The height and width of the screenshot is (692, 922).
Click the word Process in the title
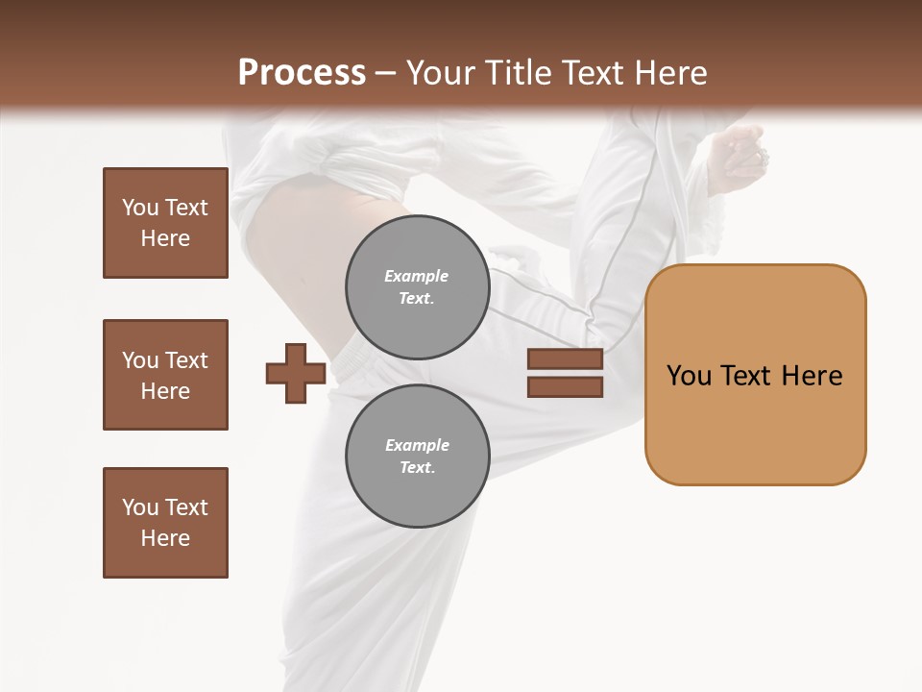(302, 73)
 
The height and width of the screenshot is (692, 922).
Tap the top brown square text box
(165, 223)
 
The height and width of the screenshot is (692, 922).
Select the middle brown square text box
(165, 375)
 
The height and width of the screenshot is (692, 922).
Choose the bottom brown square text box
(165, 523)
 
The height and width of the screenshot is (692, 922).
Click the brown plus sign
(296, 373)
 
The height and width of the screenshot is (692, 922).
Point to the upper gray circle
(417, 287)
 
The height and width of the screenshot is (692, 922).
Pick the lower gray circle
(417, 457)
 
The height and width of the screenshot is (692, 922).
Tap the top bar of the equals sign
(565, 359)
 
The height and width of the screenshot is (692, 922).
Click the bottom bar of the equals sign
(565, 387)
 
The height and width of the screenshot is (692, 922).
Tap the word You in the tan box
(689, 376)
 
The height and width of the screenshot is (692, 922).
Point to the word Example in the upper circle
(417, 276)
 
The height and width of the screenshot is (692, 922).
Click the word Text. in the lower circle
(417, 468)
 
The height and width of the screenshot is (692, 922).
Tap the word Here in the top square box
(165, 238)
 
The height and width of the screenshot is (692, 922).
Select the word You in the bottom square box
(140, 507)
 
